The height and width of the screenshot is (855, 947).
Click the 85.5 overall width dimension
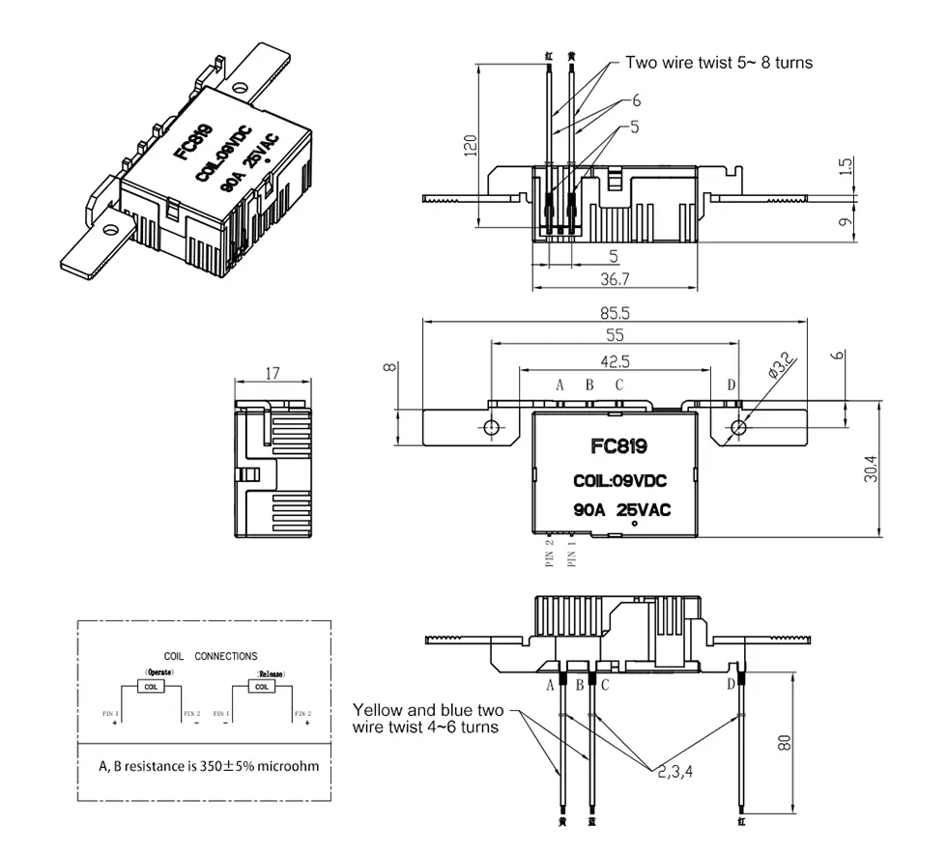[616, 313]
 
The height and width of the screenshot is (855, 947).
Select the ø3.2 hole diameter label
[780, 367]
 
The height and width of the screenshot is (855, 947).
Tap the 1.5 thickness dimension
[846, 165]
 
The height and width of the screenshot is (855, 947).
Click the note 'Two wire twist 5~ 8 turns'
[719, 63]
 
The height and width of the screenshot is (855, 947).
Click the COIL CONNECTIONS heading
[212, 655]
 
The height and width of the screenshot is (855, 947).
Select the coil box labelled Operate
[151, 686]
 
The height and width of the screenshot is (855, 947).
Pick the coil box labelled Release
[261, 686]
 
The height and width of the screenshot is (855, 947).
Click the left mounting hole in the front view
[492, 427]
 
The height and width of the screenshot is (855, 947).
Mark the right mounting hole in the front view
[739, 427]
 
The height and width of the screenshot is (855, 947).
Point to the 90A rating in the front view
[589, 509]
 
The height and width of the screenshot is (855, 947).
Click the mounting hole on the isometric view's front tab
[108, 230]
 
